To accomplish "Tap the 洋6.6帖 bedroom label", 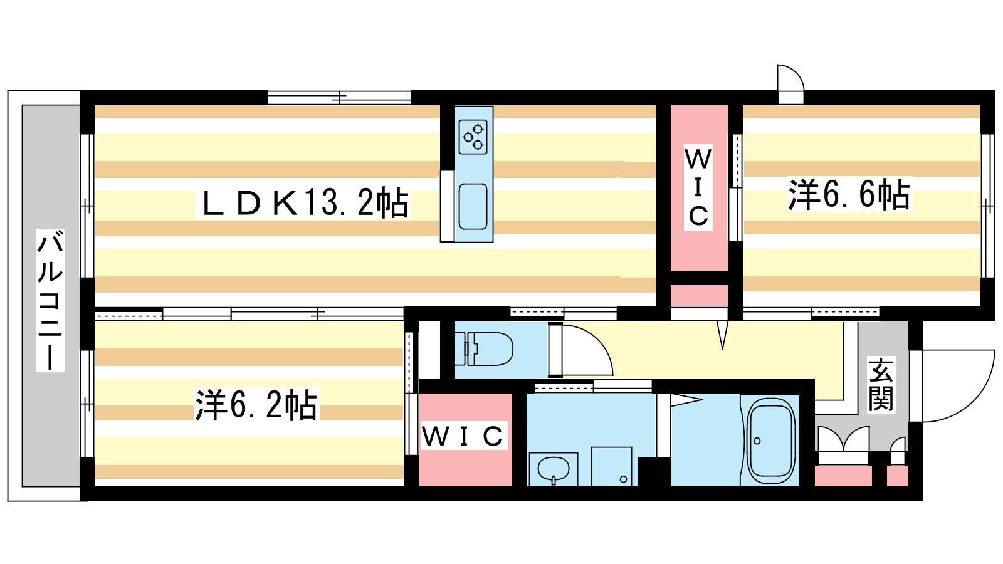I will (x=849, y=194).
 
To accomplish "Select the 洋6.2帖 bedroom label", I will (x=256, y=405).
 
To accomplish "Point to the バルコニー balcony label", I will (x=50, y=301).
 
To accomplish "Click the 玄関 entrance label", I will (x=881, y=384).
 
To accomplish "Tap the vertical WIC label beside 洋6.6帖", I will (x=698, y=187).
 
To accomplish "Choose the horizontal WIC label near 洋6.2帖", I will (x=463, y=436).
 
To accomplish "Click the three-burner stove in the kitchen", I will (x=473, y=137).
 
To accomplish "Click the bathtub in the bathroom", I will (x=770, y=441).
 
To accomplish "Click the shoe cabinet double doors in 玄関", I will (x=844, y=441).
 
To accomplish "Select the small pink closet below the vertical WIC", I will (x=699, y=295).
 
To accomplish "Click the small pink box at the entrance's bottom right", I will (x=898, y=476).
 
